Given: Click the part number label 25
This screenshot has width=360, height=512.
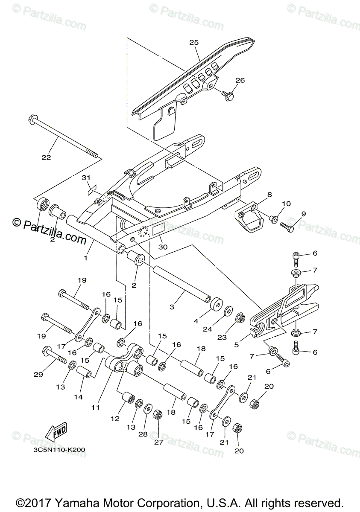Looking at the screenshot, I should point(194,42).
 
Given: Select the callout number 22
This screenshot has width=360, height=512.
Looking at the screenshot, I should point(46,157).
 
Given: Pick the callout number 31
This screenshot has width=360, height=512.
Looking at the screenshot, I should point(86,177).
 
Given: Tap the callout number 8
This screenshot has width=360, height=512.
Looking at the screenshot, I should point(269,195).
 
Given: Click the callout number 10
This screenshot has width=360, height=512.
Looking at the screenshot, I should point(286,204).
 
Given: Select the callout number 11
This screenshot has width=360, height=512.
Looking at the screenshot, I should point(95,407).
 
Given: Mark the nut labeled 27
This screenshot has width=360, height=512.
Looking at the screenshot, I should point(158,413).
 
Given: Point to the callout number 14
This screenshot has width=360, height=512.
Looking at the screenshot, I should point(78,397).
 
